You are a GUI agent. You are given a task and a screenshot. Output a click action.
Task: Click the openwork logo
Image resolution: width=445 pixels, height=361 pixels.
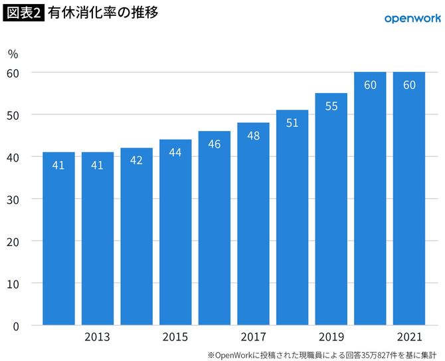(412, 18)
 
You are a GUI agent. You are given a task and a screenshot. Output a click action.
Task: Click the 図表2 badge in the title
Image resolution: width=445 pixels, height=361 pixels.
(23, 13)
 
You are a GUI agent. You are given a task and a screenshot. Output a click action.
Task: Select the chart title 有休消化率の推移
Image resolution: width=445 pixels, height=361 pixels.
(103, 13)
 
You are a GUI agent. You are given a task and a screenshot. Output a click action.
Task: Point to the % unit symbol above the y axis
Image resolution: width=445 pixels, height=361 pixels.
(13, 53)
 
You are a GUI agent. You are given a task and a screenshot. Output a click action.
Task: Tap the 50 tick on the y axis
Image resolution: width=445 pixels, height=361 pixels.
(14, 114)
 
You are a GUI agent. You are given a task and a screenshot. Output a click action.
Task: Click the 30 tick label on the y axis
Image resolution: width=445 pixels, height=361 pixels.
(14, 199)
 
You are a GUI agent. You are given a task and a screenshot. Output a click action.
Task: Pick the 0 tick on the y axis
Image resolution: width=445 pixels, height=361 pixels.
(17, 326)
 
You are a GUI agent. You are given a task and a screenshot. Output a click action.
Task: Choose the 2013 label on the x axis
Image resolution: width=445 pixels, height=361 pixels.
(97, 337)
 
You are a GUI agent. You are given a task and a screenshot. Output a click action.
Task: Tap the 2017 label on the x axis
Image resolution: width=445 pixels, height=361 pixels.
(253, 337)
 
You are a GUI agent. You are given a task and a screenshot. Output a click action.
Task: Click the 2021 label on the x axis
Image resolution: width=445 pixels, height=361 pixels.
(409, 337)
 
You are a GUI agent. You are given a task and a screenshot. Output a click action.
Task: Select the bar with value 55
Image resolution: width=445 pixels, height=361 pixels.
(331, 209)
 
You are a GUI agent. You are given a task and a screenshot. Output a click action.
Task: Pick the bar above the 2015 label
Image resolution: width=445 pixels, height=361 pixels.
(175, 232)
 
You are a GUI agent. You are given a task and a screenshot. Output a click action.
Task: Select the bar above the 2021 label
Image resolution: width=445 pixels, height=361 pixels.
(409, 199)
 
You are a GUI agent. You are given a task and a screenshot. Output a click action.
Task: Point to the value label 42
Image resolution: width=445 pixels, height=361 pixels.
(136, 160)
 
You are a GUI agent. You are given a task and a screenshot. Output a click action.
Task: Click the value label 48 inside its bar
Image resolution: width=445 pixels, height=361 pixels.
(253, 135)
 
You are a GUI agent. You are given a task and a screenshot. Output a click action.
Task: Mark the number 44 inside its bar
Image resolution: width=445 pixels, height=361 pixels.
(175, 152)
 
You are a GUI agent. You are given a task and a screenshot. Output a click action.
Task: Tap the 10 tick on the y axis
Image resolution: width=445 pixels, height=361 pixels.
(14, 283)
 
